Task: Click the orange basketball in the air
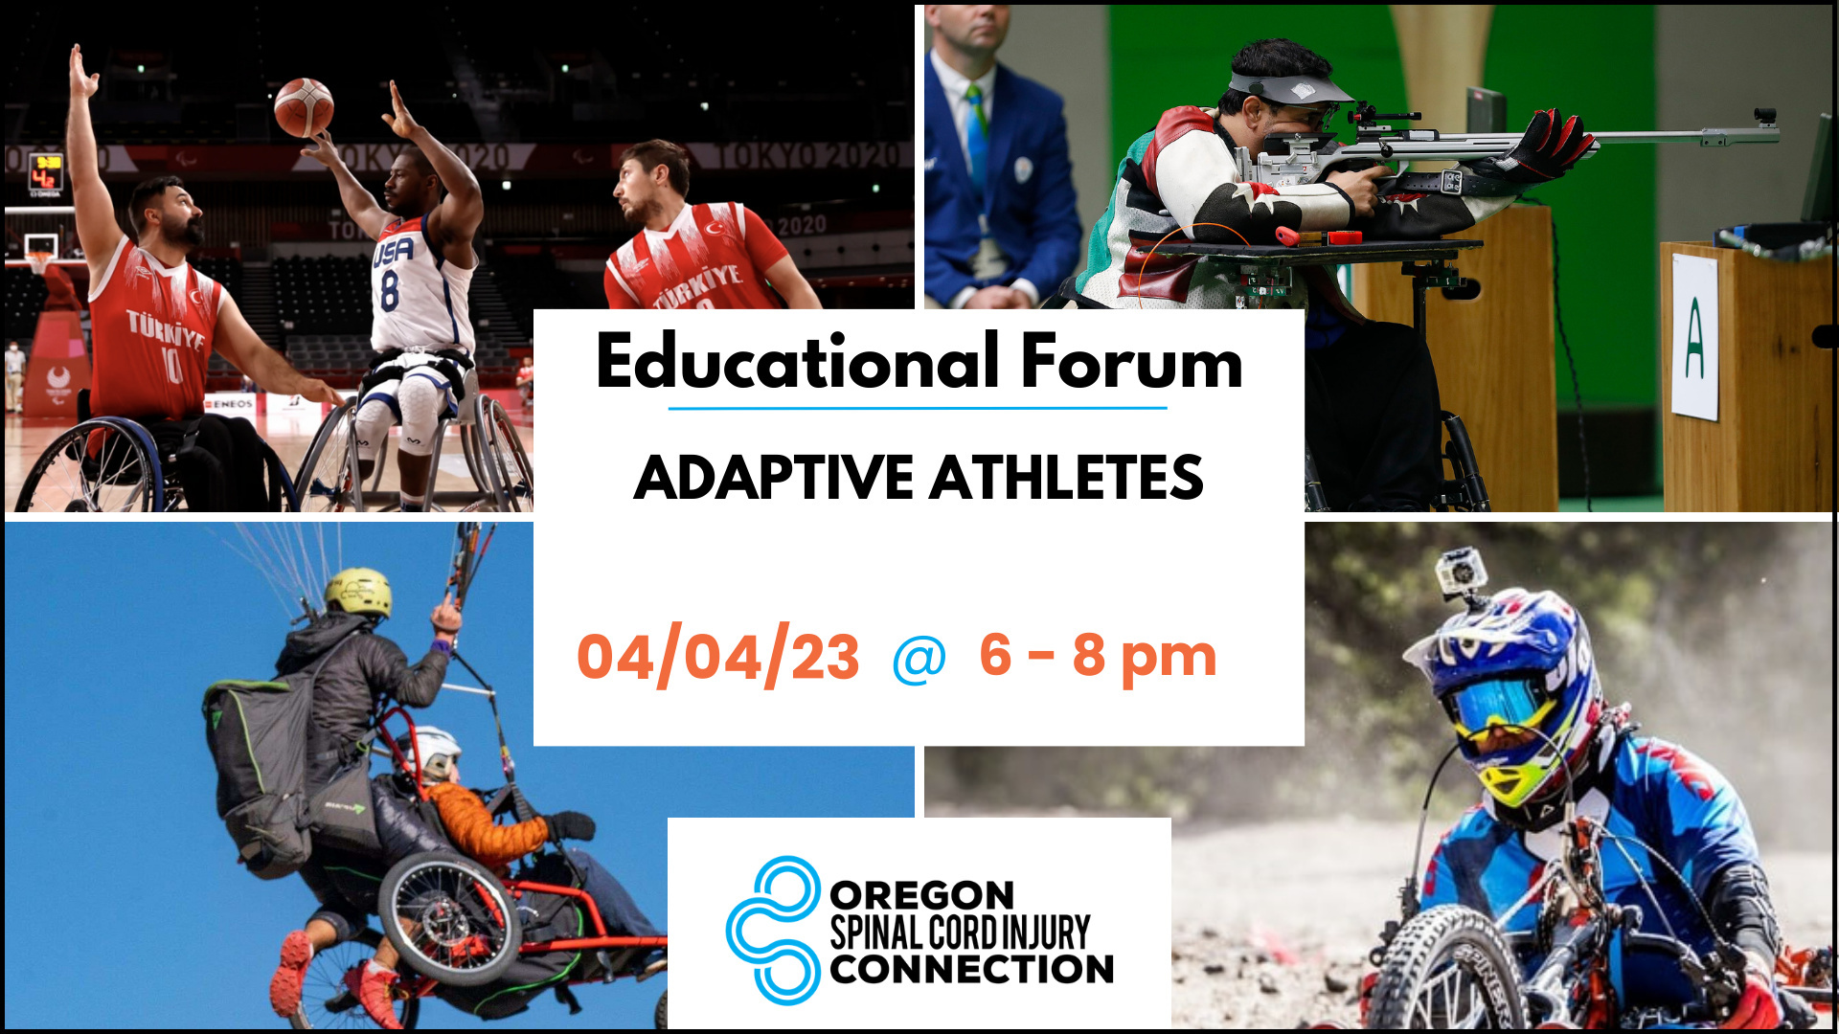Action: point(304,107)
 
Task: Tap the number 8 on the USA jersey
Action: point(390,291)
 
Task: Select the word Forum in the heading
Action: point(1131,363)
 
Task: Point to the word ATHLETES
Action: point(1066,478)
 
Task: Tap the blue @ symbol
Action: point(919,661)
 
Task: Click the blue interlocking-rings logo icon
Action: point(773,930)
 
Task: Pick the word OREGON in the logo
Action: point(921,896)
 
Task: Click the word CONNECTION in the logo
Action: point(971,969)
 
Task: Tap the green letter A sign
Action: point(1694,338)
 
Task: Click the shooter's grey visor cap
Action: point(1288,86)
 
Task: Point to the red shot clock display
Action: point(45,172)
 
